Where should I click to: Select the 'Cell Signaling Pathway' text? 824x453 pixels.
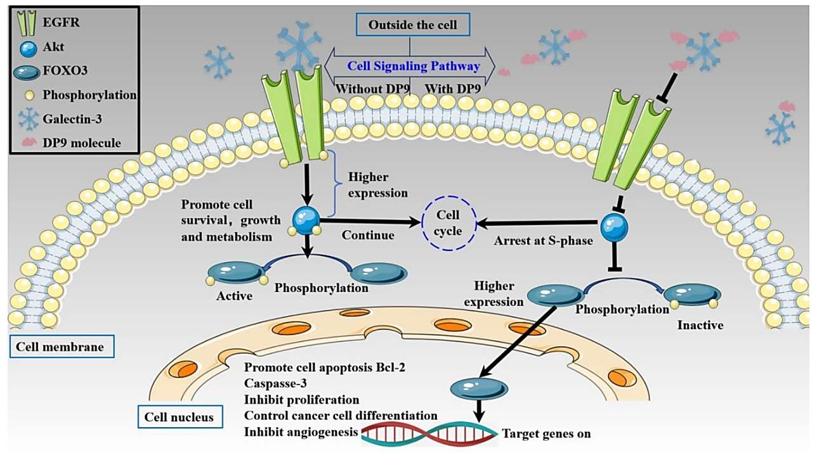tap(413, 66)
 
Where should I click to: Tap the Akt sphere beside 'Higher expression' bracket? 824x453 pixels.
tap(306, 220)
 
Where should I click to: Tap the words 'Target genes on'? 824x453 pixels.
tap(546, 435)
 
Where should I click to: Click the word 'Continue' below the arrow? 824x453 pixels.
tap(369, 235)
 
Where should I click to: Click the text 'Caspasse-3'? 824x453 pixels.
tap(274, 384)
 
